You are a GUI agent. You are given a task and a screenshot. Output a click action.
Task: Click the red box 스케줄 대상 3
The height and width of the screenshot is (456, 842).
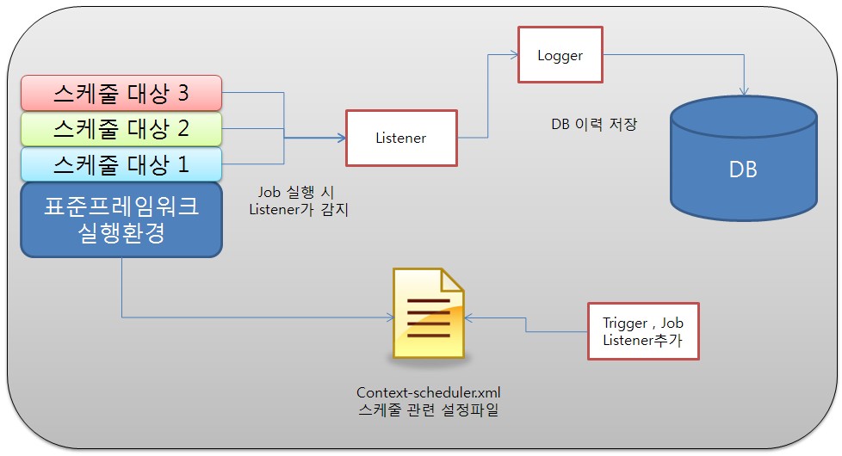(121, 91)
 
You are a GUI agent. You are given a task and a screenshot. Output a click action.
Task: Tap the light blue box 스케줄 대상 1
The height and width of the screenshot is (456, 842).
(121, 163)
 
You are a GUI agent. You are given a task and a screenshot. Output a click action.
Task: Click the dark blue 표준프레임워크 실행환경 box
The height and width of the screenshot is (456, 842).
(121, 220)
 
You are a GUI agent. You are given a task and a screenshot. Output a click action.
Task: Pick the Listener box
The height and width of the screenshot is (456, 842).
(400, 138)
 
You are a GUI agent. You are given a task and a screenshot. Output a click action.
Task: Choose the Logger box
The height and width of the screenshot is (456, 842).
(560, 55)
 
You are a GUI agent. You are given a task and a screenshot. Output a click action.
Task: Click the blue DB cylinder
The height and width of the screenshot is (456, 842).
(742, 167)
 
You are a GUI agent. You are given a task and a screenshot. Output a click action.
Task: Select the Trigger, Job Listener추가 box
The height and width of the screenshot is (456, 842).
(643, 330)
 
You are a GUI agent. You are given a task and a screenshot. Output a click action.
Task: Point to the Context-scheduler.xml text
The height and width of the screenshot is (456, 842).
(428, 392)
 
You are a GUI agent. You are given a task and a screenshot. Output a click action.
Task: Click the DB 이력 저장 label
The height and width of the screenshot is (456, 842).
(594, 123)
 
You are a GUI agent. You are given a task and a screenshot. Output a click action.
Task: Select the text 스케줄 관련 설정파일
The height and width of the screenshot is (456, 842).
(428, 410)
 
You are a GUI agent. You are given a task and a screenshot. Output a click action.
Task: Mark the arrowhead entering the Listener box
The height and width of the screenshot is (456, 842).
(341, 138)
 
